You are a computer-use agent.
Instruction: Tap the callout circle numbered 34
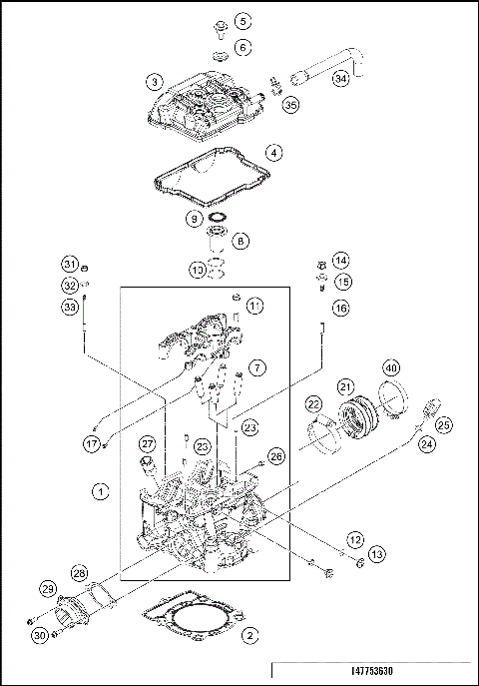tap(341, 78)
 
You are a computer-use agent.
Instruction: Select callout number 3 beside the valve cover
tap(154, 81)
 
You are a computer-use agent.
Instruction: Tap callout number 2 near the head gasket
tap(251, 633)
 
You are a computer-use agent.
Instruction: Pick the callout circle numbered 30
tap(40, 635)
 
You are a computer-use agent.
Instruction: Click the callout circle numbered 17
tap(92, 443)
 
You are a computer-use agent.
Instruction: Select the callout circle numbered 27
tap(148, 443)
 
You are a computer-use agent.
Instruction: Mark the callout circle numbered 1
tap(99, 490)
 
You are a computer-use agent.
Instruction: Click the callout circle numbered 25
tap(443, 425)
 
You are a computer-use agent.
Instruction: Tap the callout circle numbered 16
tap(341, 308)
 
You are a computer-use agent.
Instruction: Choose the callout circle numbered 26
tap(277, 456)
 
